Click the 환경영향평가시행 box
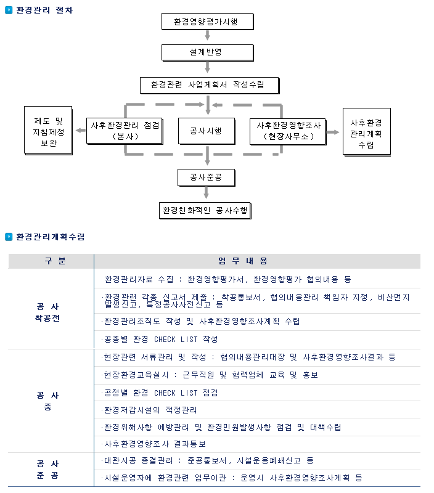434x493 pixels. (x=207, y=22)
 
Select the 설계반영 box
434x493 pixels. (x=207, y=52)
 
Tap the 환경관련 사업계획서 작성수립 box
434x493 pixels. (x=210, y=85)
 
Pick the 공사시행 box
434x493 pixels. (x=207, y=131)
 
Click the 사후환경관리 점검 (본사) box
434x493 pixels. (x=125, y=131)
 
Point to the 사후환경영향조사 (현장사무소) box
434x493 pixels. (x=288, y=131)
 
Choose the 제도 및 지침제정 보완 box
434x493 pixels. (x=48, y=131)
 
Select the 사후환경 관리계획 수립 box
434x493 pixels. (x=367, y=132)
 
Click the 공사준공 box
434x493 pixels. (x=207, y=177)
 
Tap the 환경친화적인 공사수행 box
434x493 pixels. (x=205, y=210)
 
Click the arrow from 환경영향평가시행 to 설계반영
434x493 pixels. (x=208, y=35)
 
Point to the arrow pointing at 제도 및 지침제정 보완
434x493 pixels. (x=81, y=131)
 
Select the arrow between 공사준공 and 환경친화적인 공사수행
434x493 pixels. (x=207, y=192)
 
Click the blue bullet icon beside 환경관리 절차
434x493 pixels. (x=9, y=10)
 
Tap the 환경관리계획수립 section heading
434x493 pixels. (x=51, y=237)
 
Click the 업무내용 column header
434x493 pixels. (x=243, y=261)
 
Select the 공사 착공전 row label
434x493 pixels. (x=47, y=312)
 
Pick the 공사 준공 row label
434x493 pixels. (x=47, y=470)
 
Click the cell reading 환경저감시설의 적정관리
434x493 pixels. (x=150, y=410)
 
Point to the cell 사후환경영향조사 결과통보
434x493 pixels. (x=154, y=444)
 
